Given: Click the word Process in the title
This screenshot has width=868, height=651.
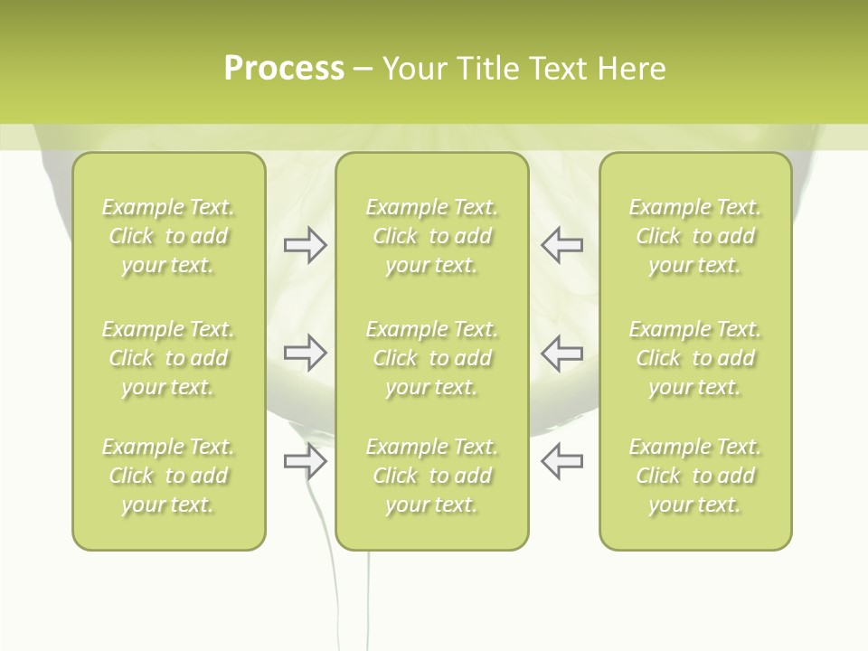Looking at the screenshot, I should pyautogui.click(x=284, y=69).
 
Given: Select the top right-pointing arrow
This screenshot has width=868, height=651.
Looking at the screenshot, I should pyautogui.click(x=305, y=245).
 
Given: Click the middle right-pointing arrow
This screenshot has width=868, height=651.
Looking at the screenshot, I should pyautogui.click(x=305, y=353).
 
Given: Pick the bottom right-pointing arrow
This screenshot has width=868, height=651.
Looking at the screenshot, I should pyautogui.click(x=305, y=462).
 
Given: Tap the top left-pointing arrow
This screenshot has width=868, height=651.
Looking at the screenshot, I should pyautogui.click(x=561, y=245).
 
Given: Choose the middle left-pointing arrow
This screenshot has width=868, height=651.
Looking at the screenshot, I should pyautogui.click(x=561, y=353).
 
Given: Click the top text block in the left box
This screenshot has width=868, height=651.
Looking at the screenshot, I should pyautogui.click(x=168, y=236).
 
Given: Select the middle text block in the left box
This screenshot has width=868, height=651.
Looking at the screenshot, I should pyautogui.click(x=168, y=358).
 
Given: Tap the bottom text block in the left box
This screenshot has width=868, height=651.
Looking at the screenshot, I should pyautogui.click(x=168, y=476).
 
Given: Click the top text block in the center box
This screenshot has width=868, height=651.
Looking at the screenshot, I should pyautogui.click(x=431, y=236).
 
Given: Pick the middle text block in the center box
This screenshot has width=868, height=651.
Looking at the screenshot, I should pyautogui.click(x=431, y=358).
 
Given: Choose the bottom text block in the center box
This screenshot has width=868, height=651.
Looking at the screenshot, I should pyautogui.click(x=431, y=476).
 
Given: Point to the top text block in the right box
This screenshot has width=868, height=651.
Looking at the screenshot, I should pyautogui.click(x=694, y=236).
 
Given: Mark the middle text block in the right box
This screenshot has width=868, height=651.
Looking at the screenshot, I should pyautogui.click(x=694, y=358).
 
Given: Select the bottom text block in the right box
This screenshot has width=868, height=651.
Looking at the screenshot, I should pyautogui.click(x=694, y=476).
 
